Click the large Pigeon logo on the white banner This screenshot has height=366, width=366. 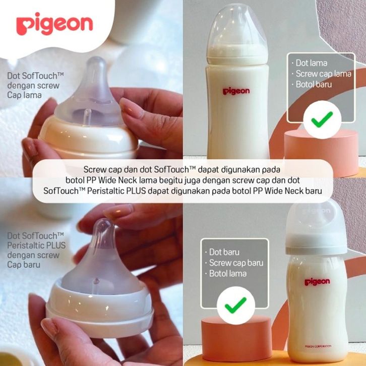54,24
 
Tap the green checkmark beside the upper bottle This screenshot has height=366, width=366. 322,119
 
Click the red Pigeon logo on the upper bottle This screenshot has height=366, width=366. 236,91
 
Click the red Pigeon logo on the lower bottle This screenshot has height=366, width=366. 317,282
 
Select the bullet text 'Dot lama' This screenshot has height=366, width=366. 312,63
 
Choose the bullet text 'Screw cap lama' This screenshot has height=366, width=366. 324,74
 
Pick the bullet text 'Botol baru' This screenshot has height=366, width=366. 314,84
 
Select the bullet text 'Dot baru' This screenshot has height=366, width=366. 224,252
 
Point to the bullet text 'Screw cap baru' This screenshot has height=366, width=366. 236,263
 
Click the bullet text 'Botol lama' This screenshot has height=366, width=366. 227,274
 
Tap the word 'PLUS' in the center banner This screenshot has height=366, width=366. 136,191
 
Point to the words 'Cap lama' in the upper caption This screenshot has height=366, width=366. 24,95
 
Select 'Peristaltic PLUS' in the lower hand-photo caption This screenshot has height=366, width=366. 36,246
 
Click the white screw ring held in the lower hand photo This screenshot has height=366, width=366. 100,308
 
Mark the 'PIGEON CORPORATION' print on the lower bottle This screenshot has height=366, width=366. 318,346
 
